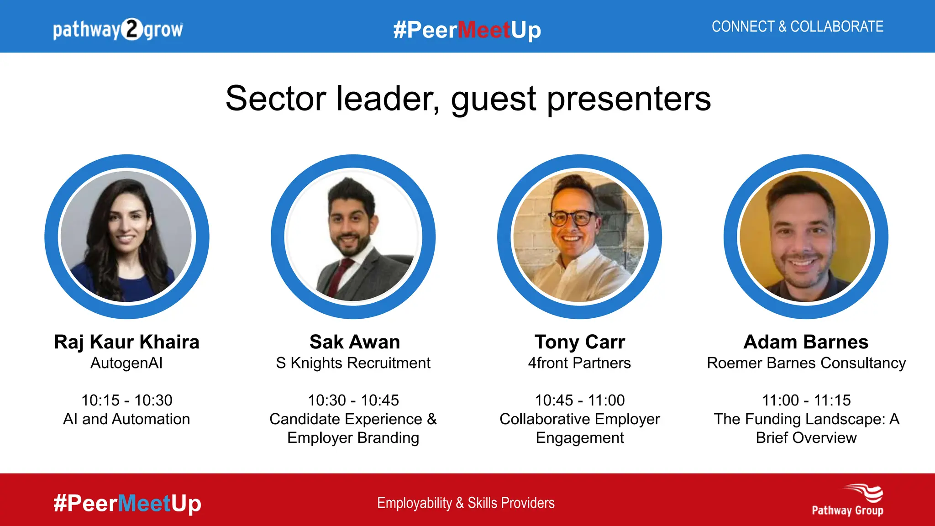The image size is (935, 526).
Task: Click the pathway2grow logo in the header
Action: pyautogui.click(x=118, y=30)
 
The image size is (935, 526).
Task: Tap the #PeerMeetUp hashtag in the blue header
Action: pyautogui.click(x=467, y=30)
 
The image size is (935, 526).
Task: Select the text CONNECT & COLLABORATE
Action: pyautogui.click(x=797, y=26)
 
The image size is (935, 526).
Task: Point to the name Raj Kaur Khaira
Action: pyautogui.click(x=126, y=342)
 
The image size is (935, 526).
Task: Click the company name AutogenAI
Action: pyautogui.click(x=126, y=363)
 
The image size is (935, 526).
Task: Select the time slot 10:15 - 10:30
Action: pyautogui.click(x=126, y=400)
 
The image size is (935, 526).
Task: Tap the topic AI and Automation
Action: pyautogui.click(x=126, y=419)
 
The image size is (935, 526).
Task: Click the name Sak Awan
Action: pyautogui.click(x=354, y=342)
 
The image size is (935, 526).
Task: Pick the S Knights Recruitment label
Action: pyautogui.click(x=353, y=363)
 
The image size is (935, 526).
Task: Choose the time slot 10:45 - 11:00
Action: pyautogui.click(x=579, y=400)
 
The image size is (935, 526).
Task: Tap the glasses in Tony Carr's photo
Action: pyautogui.click(x=573, y=218)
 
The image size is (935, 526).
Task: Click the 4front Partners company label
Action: pyautogui.click(x=579, y=363)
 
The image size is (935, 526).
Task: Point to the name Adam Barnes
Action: pyautogui.click(x=806, y=342)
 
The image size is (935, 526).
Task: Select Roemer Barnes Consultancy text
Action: pyautogui.click(x=806, y=363)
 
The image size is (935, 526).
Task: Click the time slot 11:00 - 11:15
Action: pyautogui.click(x=806, y=400)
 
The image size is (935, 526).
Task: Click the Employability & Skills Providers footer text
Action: pyautogui.click(x=466, y=503)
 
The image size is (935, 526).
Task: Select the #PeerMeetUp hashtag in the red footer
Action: pyautogui.click(x=127, y=503)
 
